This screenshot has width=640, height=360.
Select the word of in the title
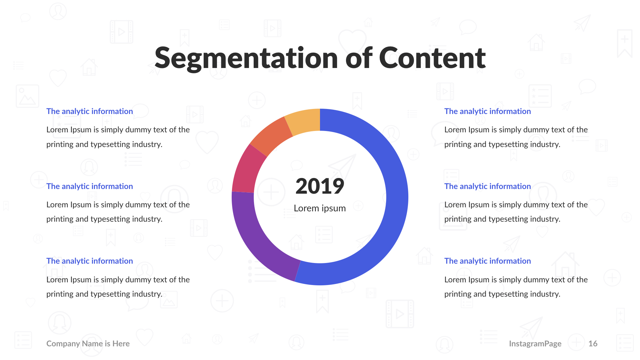(x=359, y=58)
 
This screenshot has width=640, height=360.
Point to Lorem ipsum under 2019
(x=320, y=208)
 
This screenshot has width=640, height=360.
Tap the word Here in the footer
(x=121, y=344)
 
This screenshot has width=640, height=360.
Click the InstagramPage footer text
(x=535, y=344)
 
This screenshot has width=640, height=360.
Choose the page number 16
(x=593, y=344)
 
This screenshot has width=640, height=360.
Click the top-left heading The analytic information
(x=89, y=111)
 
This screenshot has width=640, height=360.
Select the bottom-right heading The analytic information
(x=487, y=261)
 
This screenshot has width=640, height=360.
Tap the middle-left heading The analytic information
(x=89, y=186)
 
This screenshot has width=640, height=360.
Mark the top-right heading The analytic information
(x=487, y=111)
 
